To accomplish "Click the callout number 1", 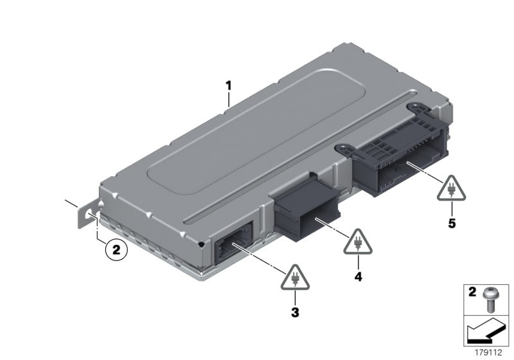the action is [229, 86].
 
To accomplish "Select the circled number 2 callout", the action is [116, 250].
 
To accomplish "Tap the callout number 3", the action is [295, 312].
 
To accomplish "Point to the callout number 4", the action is [359, 276].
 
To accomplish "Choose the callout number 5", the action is [452, 224].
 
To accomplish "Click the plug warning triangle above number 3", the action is [295, 278].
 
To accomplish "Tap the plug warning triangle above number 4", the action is [358, 242].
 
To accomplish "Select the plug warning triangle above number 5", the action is [452, 189].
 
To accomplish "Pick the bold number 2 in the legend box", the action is [472, 292].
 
